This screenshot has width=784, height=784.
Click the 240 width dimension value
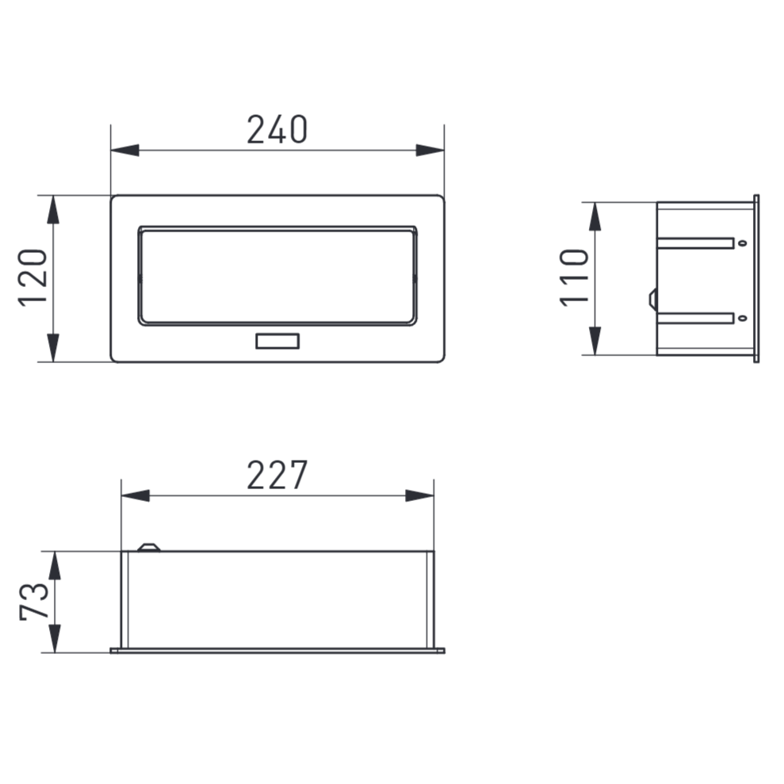click(277, 130)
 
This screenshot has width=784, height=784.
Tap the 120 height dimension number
click(33, 277)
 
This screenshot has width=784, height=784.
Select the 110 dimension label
click(575, 277)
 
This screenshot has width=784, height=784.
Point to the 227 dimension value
click(277, 476)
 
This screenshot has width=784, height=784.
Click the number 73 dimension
click(34, 602)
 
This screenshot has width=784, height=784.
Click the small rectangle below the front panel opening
click(277, 342)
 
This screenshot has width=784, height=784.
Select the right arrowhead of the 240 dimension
click(430, 151)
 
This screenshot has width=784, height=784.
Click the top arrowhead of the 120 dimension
click(53, 209)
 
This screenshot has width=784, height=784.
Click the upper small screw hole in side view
click(741, 243)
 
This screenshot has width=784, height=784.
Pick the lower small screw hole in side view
click(741, 319)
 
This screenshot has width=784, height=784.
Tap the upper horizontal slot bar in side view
click(695, 243)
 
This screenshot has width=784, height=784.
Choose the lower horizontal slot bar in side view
click(695, 319)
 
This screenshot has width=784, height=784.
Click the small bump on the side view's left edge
click(652, 299)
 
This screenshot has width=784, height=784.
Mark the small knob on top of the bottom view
click(148, 547)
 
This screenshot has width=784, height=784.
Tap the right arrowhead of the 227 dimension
click(419, 495)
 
